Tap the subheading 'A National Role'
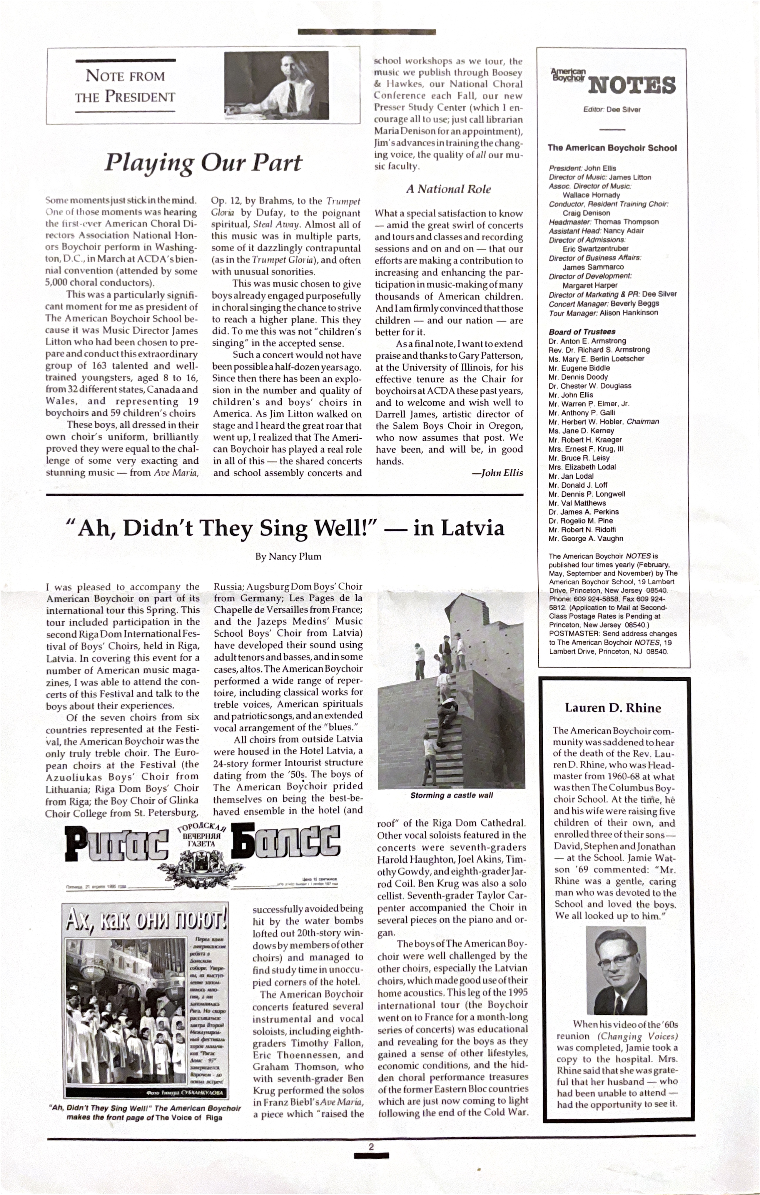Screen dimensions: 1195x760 [x=448, y=189]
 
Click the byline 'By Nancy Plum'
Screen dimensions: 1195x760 [x=288, y=556]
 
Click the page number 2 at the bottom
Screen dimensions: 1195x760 [x=371, y=1147]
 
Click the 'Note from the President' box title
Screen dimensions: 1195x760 [x=125, y=86]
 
